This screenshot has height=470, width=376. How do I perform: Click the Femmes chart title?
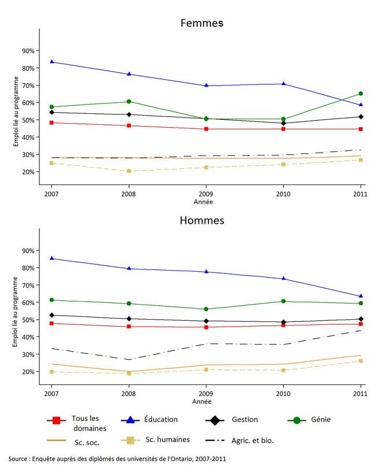click(x=201, y=23)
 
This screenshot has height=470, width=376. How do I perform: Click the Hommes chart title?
click(x=201, y=220)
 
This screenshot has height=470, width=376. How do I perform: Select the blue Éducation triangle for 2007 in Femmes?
click(x=52, y=61)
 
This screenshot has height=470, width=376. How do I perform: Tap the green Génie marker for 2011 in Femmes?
click(x=361, y=94)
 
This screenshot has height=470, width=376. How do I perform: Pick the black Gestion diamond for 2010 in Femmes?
click(x=283, y=123)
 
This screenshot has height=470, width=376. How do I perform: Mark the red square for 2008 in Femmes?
click(x=129, y=125)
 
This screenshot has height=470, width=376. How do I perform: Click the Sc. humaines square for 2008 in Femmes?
click(x=129, y=171)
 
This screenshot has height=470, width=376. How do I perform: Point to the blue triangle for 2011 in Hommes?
click(x=361, y=296)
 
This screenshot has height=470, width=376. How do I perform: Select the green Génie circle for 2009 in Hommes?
click(x=206, y=309)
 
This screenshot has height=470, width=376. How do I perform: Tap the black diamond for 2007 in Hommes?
click(x=52, y=315)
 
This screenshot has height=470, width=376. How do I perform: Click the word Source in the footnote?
click(x=20, y=459)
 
